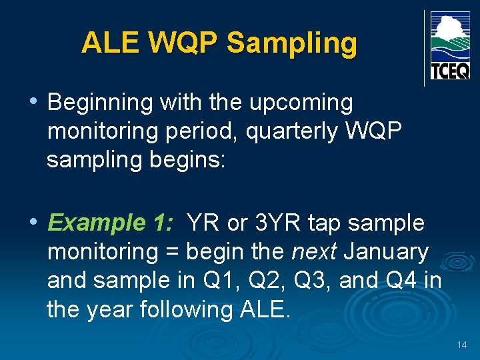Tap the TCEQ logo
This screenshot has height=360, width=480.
tap(450, 46)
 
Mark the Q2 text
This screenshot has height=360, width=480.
tap(262, 281)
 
